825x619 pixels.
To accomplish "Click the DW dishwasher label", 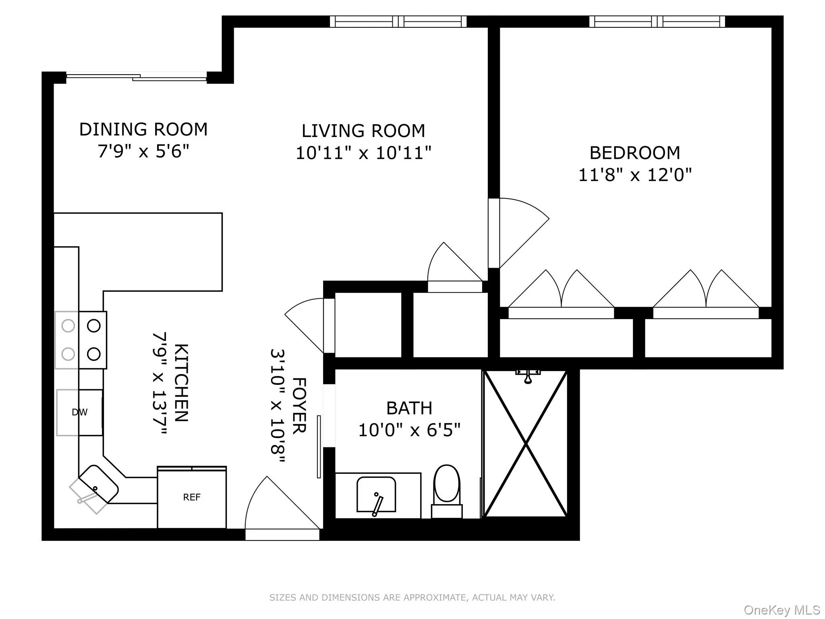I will (79, 412).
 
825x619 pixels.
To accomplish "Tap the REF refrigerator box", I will (192, 497).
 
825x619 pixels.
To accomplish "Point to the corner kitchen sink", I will (98, 484).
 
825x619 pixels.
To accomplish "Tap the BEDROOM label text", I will (635, 153).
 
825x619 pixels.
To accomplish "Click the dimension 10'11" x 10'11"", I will (363, 154).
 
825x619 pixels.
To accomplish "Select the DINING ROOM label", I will (143, 130).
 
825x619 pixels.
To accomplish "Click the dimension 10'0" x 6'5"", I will (409, 430).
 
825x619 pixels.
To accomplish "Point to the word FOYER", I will (299, 406).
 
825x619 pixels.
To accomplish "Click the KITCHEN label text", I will (181, 383).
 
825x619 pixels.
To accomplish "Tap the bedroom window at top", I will (657, 21).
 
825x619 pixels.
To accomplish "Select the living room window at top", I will (398, 21).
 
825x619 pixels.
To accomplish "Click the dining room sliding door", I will (137, 77).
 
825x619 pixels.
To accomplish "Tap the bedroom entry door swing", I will (520, 230).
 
